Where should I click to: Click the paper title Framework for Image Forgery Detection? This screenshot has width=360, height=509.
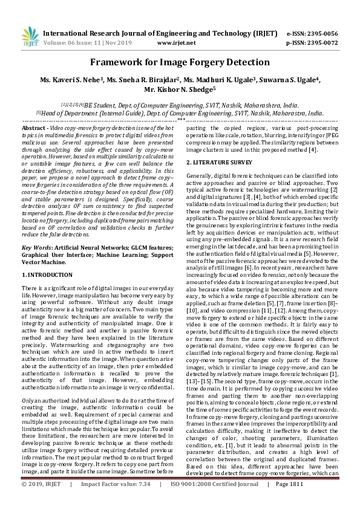coord(180,62)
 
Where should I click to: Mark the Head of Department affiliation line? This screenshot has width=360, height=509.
coord(180,112)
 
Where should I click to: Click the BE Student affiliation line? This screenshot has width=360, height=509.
coord(180,104)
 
